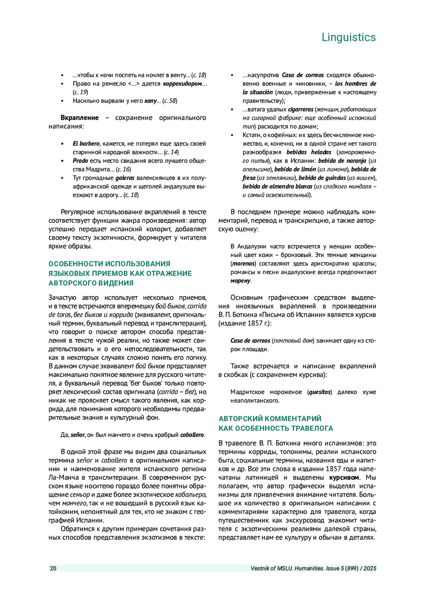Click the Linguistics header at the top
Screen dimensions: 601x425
(x=348, y=37)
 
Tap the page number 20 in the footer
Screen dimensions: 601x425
(x=53, y=568)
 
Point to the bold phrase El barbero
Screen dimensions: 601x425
(x=86, y=143)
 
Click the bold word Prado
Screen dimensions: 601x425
(x=80, y=160)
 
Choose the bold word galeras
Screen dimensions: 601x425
(x=125, y=178)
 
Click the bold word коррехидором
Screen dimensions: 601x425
(x=182, y=84)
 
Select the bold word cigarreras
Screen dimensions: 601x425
(x=300, y=109)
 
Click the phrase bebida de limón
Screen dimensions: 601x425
(x=295, y=169)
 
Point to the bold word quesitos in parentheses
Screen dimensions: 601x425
(x=320, y=392)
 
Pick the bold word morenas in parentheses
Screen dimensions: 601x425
(x=243, y=263)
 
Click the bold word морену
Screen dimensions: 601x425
(x=240, y=281)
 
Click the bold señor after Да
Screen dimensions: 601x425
(x=78, y=435)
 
